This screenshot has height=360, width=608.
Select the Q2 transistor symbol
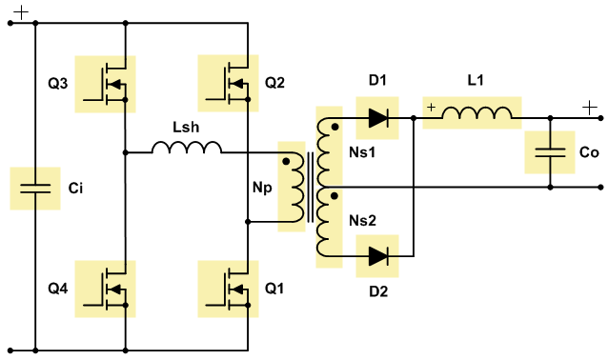coord(228,83)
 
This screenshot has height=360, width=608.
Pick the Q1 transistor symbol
coord(228,290)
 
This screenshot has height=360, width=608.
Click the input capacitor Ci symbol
coord(35,189)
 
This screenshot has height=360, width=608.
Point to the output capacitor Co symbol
coord(550,152)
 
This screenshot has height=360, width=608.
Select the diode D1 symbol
coord(377,118)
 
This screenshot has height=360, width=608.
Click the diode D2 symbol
coord(377,256)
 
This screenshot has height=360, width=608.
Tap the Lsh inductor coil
coord(187,148)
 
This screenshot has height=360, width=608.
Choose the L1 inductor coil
coord(476,112)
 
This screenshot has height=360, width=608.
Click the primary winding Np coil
coord(295,187)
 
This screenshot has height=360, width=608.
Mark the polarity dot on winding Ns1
coord(335,127)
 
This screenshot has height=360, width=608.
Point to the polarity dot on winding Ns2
coord(334,196)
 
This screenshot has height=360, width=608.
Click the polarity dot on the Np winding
coord(286,161)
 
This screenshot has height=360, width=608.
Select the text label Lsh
coord(186,127)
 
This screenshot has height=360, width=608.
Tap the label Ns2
coord(362,221)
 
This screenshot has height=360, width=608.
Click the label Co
coord(589,152)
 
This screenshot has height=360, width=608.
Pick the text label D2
coord(378,291)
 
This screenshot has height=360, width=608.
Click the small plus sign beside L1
coord(431,108)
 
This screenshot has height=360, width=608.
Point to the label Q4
coord(58,289)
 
